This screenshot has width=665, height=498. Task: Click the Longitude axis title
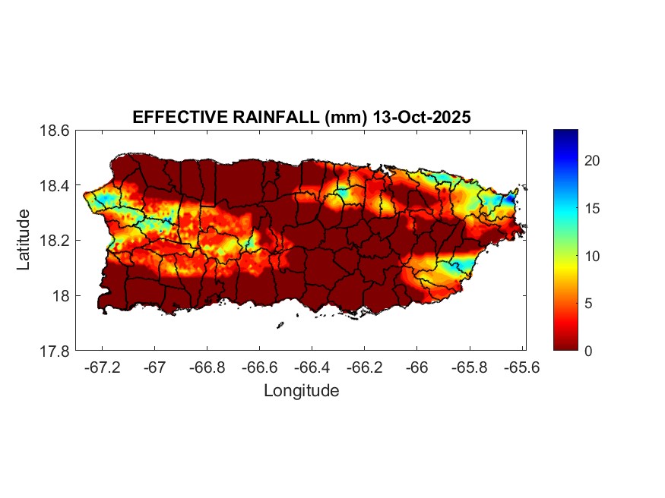tap(301, 391)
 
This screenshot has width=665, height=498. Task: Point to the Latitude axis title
tap(24, 240)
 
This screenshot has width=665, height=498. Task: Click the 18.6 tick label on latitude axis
tap(55, 131)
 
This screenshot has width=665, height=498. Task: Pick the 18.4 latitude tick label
tap(55, 186)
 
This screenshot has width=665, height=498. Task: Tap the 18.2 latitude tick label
tap(55, 241)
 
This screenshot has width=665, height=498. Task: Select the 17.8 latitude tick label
tap(55, 351)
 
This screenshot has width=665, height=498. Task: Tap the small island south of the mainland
tap(280, 325)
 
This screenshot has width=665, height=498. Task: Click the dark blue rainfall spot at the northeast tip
tap(511, 198)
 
